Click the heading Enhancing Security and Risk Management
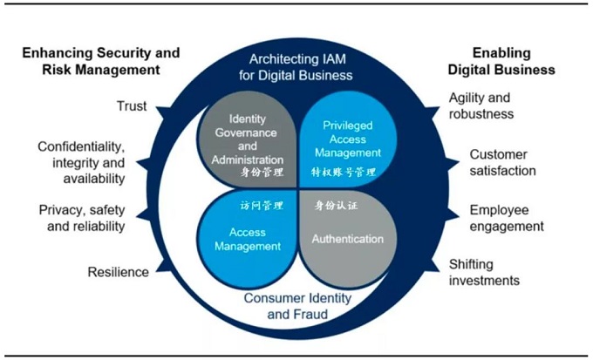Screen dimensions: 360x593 pos(99,61)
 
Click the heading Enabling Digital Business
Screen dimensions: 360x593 pos(513,61)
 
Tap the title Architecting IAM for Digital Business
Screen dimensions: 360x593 pos(296,67)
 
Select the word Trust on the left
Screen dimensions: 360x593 pos(132,106)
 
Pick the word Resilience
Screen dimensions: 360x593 pos(118,272)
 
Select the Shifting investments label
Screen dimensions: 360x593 pos(484,272)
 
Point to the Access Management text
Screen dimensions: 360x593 pos(248,239)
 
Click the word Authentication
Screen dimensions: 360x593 pos(348,239)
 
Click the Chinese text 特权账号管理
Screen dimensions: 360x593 pos(344,173)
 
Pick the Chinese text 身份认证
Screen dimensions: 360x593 pos(337,207)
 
